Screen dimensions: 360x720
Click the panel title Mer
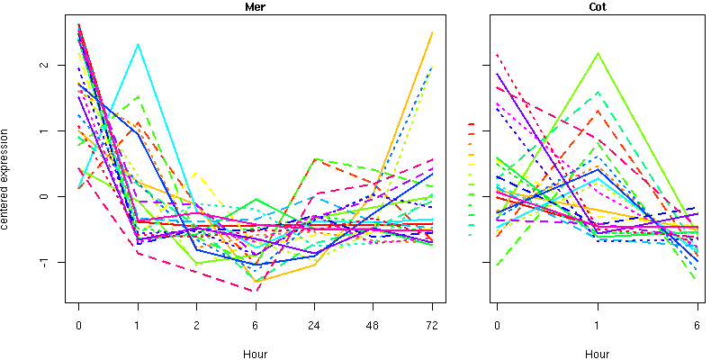(255, 7)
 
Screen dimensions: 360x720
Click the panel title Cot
(597, 7)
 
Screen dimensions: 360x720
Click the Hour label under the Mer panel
(255, 354)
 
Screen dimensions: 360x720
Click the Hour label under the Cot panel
(597, 354)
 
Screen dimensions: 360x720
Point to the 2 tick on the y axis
(56, 65)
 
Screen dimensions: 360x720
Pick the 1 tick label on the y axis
(56, 130)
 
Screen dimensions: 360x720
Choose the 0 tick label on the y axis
(56, 196)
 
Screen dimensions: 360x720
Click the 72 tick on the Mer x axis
(432, 326)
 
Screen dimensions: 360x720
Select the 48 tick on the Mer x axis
(373, 326)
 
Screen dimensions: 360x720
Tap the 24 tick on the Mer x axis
(314, 326)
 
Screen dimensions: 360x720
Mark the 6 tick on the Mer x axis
(256, 326)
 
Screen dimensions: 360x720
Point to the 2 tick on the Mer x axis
(196, 326)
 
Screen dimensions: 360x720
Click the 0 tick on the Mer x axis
(79, 326)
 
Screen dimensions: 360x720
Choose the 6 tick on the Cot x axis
(697, 326)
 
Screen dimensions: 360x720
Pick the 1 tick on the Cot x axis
(597, 326)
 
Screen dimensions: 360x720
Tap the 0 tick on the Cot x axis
(497, 326)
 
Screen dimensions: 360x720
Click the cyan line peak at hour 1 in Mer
(138, 44)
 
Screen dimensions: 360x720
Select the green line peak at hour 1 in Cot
(597, 53)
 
